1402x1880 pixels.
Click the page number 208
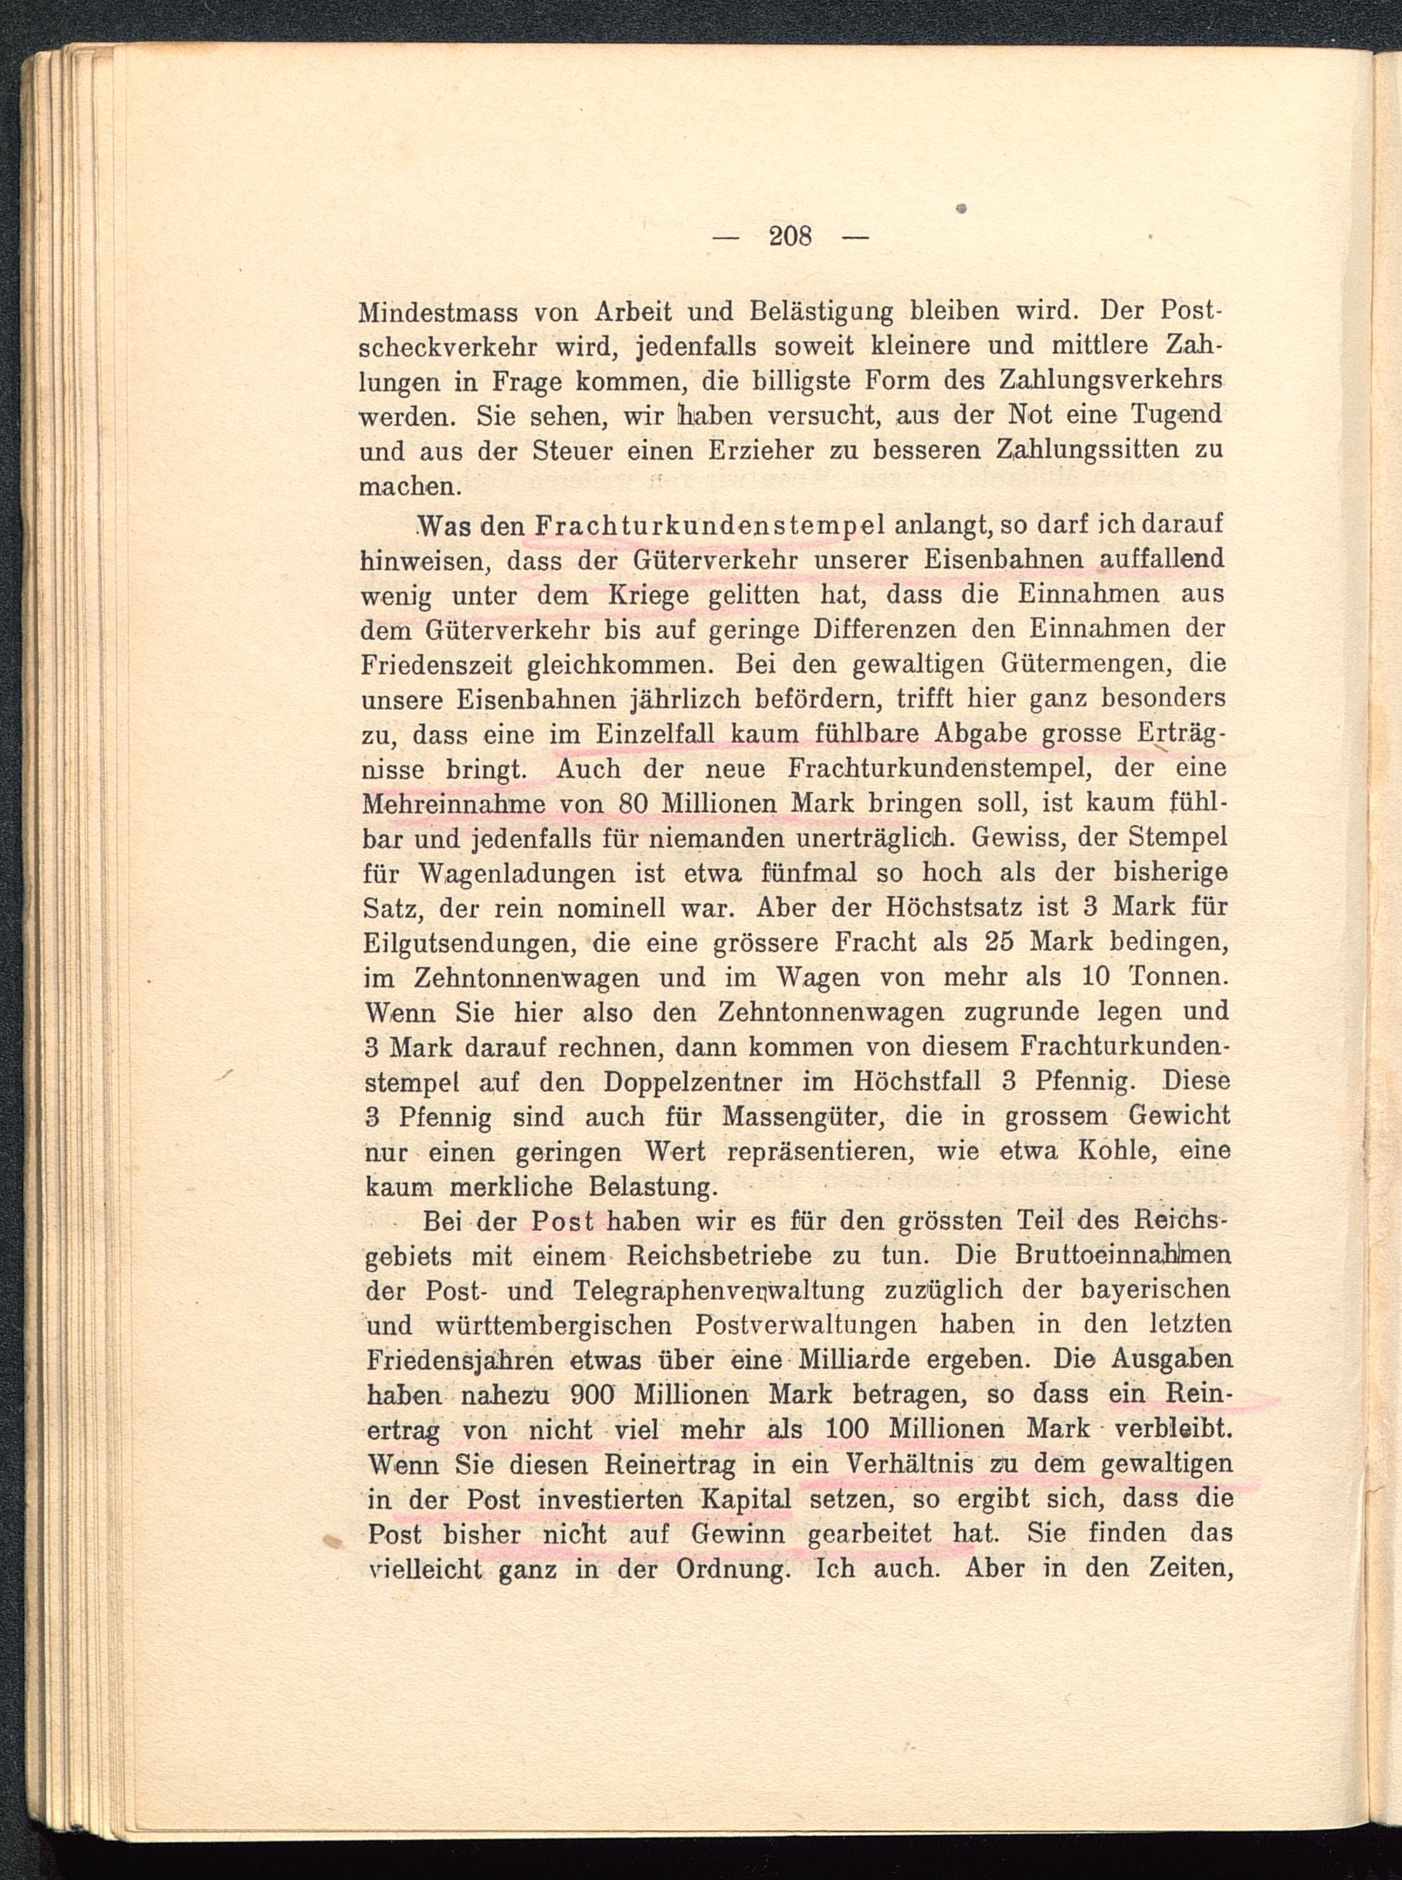point(790,235)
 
